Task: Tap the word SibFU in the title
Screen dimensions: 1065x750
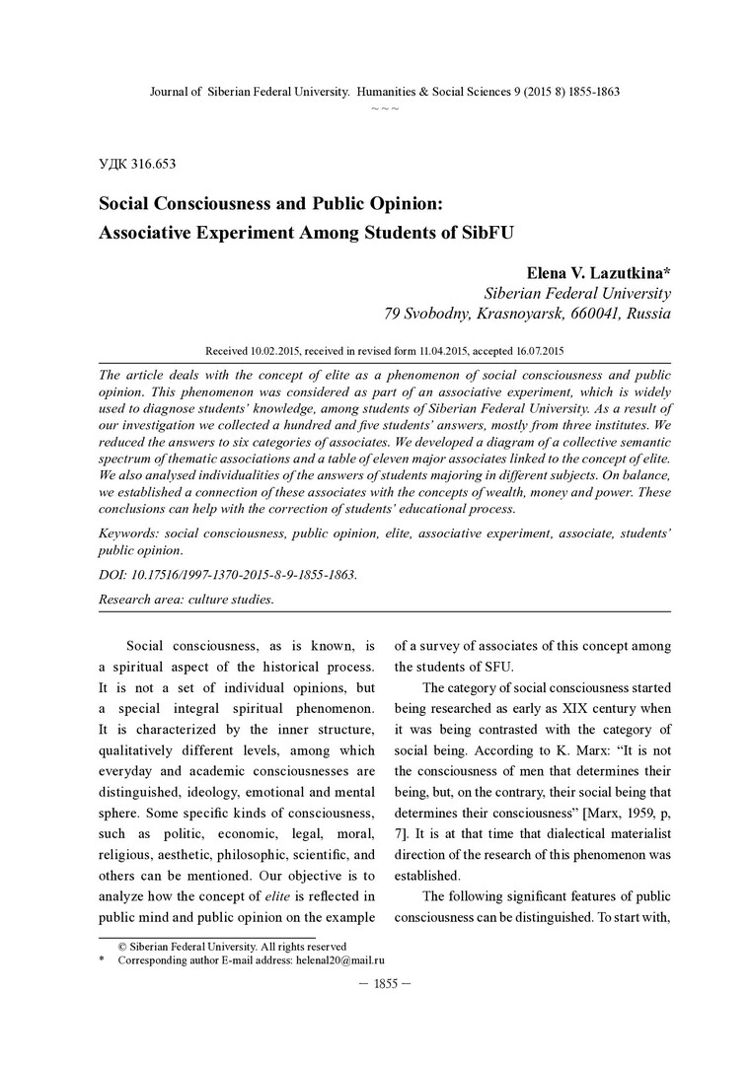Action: (490, 234)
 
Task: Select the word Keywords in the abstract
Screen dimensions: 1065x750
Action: (130, 532)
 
